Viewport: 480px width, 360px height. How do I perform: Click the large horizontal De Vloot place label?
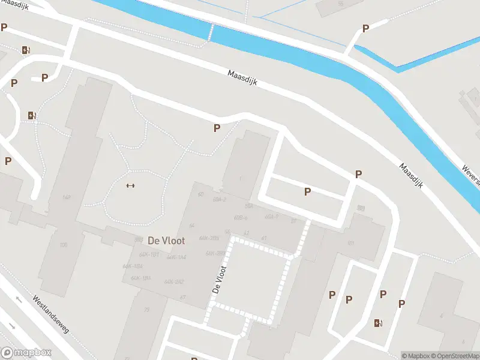[x=166, y=240]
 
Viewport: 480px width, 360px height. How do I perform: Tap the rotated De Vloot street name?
[x=220, y=279]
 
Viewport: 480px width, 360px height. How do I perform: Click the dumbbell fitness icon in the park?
[x=130, y=185]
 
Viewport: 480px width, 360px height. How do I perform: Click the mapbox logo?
[x=26, y=353]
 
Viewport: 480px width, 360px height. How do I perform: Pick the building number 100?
[x=63, y=244]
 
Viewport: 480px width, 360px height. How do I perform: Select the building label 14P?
[x=67, y=197]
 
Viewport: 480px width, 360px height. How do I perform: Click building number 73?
[x=147, y=310]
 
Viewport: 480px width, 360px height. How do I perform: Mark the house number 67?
[x=182, y=298]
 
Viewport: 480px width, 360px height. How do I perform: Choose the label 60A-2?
[x=219, y=199]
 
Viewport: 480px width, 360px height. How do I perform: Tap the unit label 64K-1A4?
[x=176, y=257]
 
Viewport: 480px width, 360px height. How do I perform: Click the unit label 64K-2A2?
[x=174, y=281]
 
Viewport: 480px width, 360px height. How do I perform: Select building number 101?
[x=351, y=244]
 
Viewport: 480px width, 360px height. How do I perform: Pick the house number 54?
[x=192, y=225]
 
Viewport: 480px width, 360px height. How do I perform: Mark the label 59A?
[x=248, y=206]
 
